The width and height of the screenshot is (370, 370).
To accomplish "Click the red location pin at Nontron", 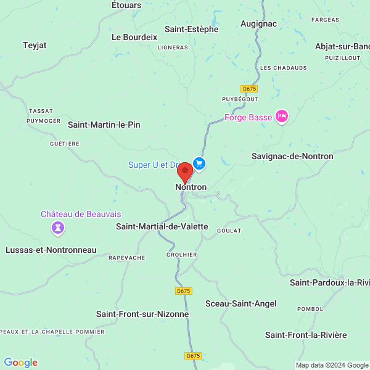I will pos(184,172).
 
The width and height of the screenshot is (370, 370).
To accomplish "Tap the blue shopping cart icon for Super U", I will pos(199,163).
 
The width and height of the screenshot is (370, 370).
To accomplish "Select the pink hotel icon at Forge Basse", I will pos(282,117).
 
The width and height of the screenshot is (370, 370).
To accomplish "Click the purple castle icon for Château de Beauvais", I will pos(59,229).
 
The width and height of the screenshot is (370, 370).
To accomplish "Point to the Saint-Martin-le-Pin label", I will pos(104,125).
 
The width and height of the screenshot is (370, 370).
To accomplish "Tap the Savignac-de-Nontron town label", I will pos(292,156).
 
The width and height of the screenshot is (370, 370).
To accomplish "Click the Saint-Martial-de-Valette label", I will pos(162,226).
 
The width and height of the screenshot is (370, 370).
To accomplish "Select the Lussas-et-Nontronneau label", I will pos(51,250).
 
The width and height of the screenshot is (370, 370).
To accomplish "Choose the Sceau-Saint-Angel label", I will pos(240,303).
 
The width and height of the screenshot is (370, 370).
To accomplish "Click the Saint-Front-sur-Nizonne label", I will pos(142,314).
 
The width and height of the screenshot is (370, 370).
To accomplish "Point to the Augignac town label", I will pos(258,23).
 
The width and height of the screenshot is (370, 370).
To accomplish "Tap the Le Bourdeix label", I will pos(134,37).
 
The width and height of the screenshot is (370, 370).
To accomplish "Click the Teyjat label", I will pos(35,45).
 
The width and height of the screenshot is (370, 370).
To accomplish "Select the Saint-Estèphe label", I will pos(191,28).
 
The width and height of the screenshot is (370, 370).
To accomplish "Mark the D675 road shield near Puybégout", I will pos(249,89).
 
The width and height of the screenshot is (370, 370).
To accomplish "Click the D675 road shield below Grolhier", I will pos(183,290).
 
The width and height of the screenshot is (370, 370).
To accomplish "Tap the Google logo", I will pos(20,363).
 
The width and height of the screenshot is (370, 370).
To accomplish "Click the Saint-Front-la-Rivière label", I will pos(306,335).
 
